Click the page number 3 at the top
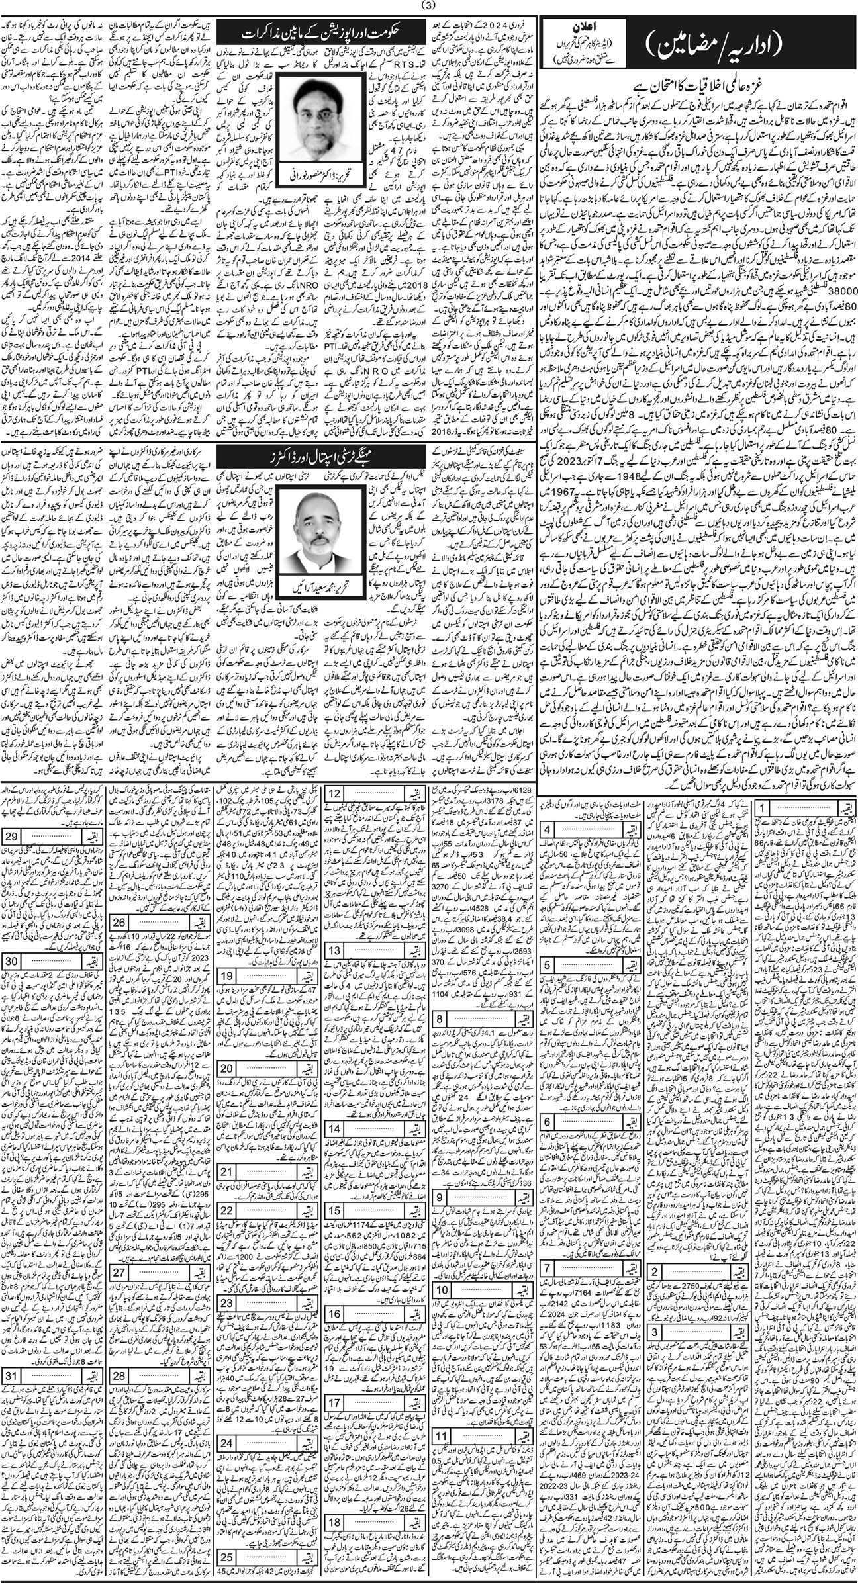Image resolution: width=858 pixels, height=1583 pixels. coord(429,7)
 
